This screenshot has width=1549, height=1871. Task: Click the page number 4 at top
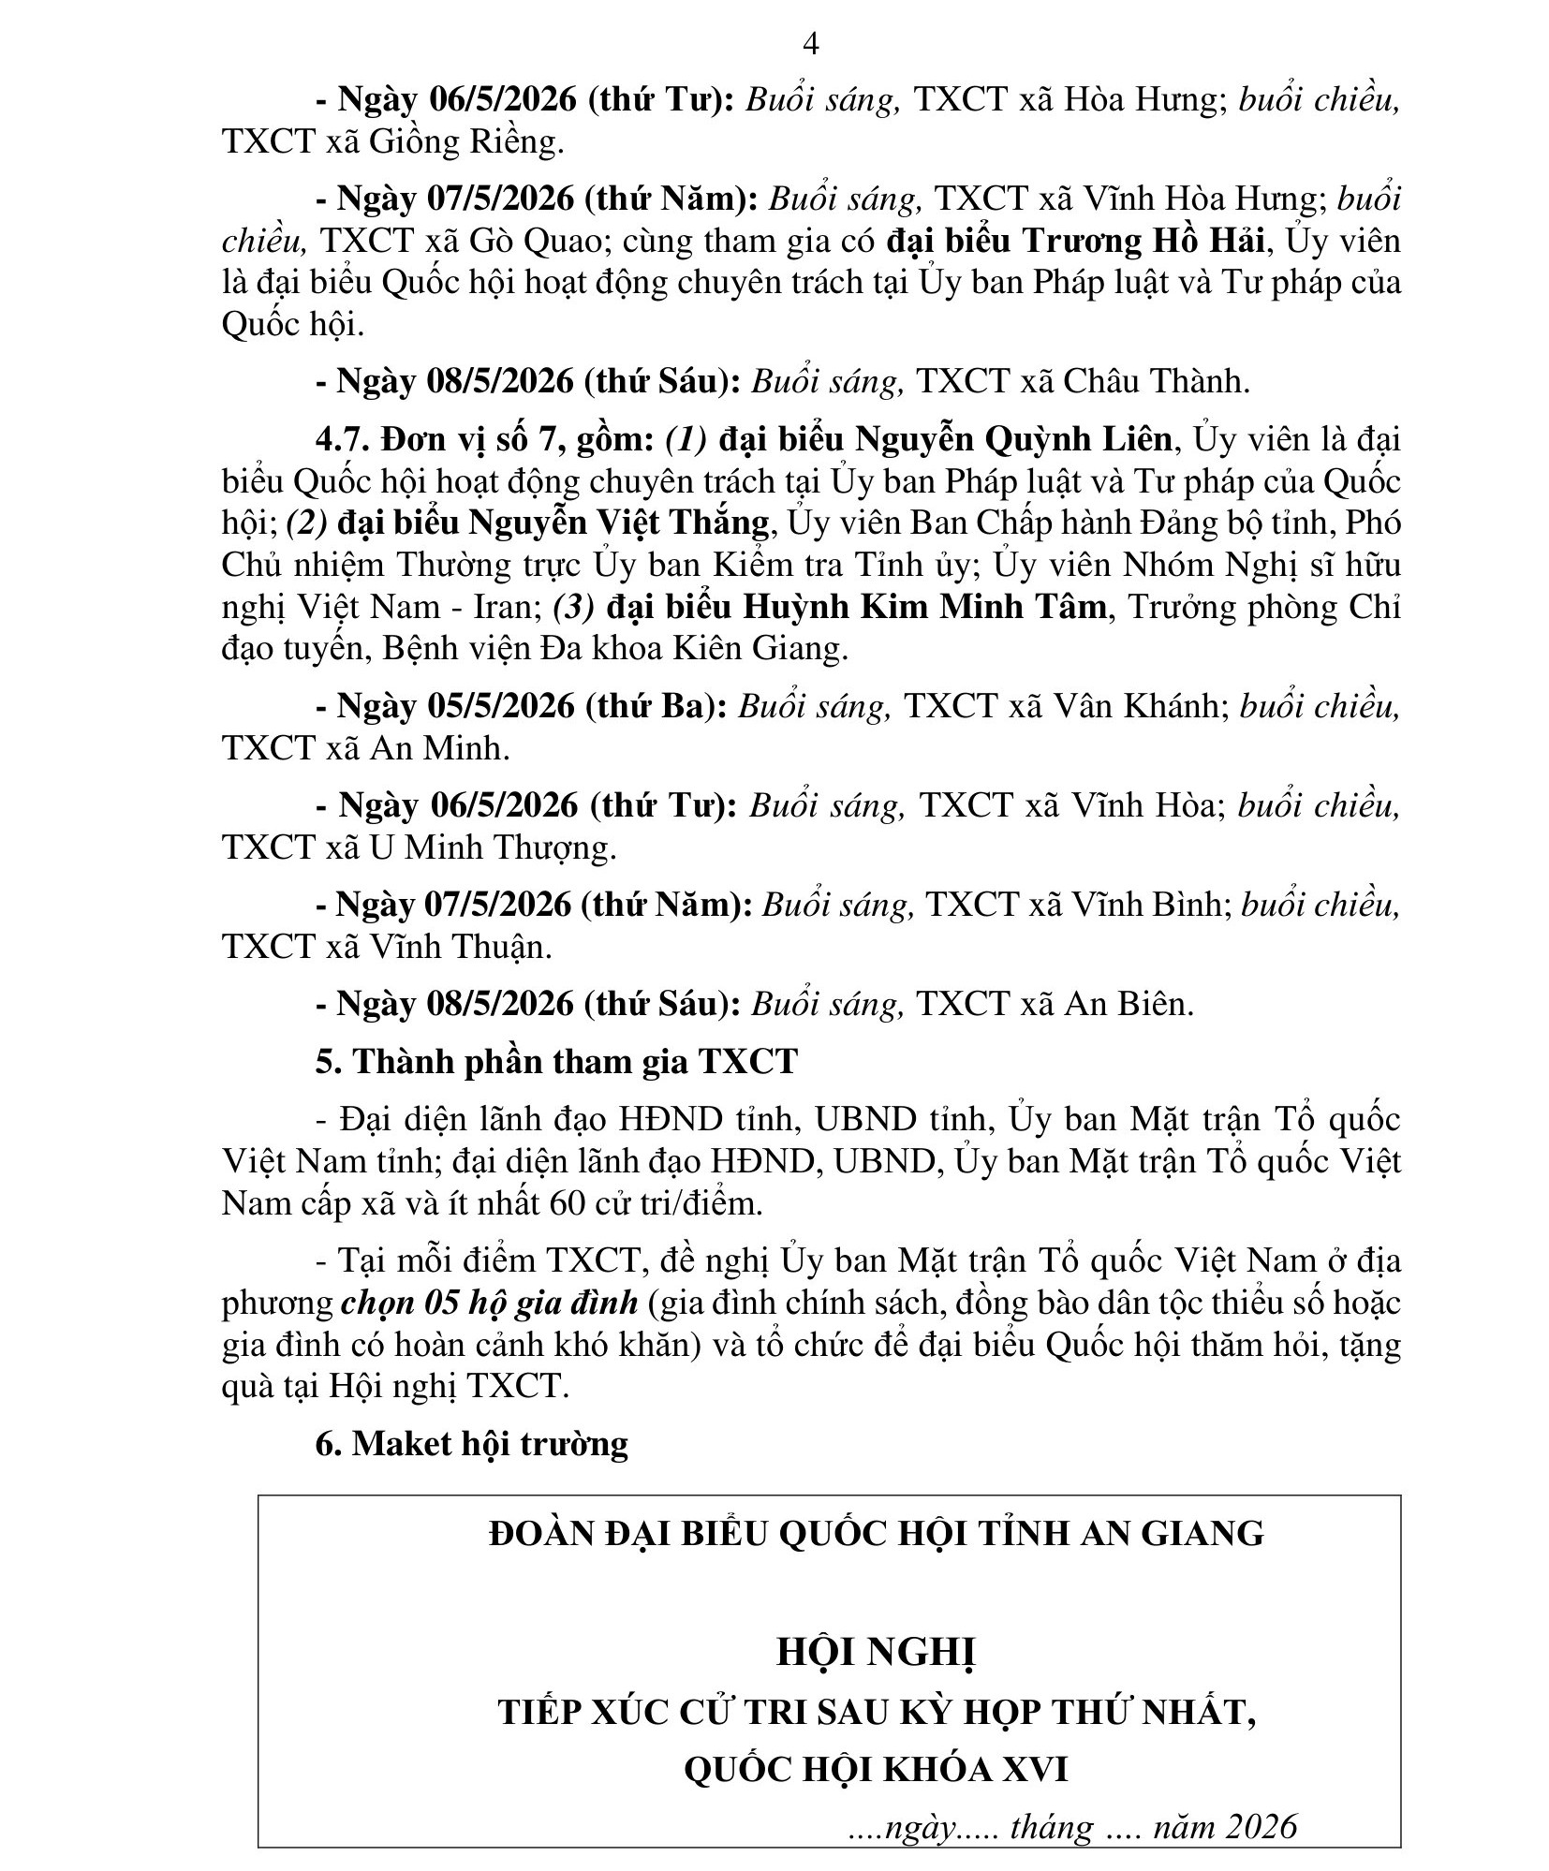(811, 43)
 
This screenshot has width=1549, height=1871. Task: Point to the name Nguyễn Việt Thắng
(620, 523)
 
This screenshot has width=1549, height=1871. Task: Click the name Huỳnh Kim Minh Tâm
(925, 607)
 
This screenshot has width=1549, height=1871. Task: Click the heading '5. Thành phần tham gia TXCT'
(556, 1061)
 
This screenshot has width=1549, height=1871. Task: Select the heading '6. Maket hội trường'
(471, 1443)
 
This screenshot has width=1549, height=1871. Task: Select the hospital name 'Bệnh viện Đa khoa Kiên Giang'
(614, 648)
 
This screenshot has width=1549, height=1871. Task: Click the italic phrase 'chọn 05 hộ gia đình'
(490, 1303)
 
